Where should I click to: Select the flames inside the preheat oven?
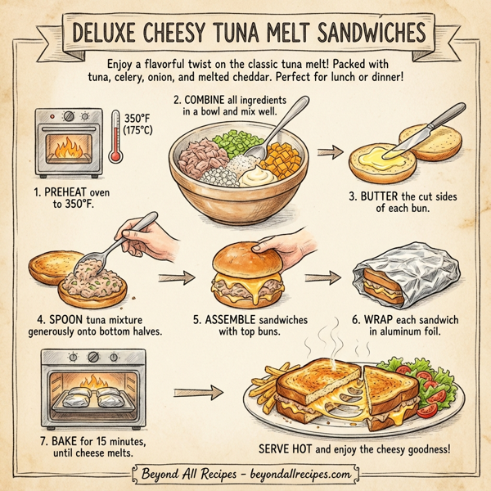pos(67,148)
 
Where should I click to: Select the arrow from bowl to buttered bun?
pos(329,152)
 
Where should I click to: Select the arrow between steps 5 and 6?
pos(326,277)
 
